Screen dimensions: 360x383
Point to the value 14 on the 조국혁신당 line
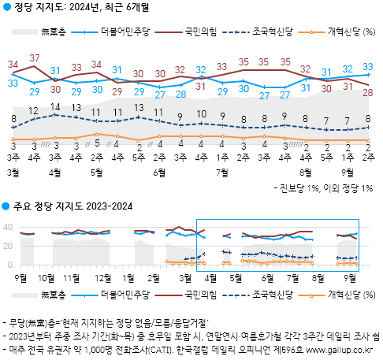[55, 106]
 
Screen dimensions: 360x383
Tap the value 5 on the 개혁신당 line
[97, 135]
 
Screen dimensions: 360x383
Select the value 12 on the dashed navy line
[35, 110]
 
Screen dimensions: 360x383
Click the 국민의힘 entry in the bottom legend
[201, 294]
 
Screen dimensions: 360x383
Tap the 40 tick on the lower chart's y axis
[9, 227]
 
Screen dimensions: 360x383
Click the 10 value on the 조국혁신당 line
[201, 113]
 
